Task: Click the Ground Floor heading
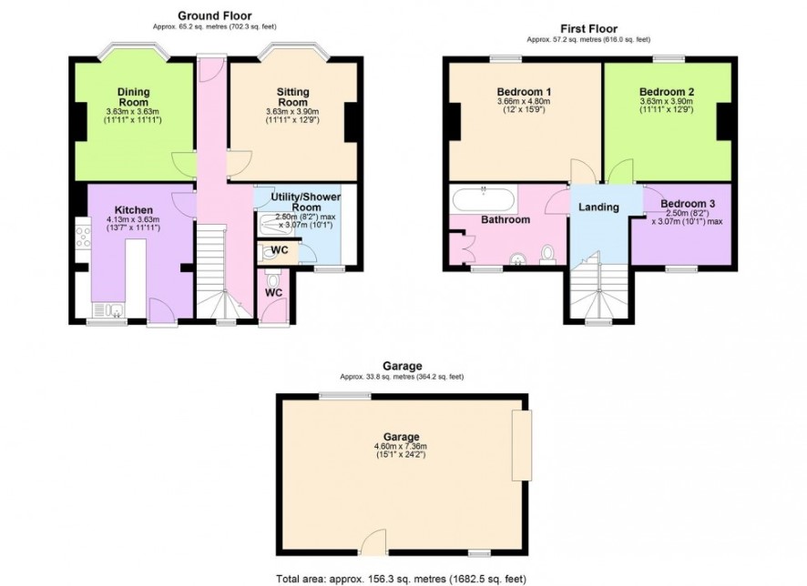pyautogui.click(x=215, y=15)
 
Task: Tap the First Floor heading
pyautogui.click(x=588, y=28)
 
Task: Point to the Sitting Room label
pyautogui.click(x=293, y=97)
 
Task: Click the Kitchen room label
pyautogui.click(x=133, y=209)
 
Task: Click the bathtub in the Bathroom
pyautogui.click(x=484, y=199)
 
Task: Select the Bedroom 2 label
pyautogui.click(x=667, y=92)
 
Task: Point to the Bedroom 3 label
pyautogui.click(x=688, y=204)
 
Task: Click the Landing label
pyautogui.click(x=598, y=207)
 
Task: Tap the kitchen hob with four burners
pyautogui.click(x=83, y=237)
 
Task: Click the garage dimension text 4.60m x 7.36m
pyautogui.click(x=401, y=447)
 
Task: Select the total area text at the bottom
pyautogui.click(x=402, y=579)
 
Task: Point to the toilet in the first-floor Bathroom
pyautogui.click(x=547, y=255)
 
